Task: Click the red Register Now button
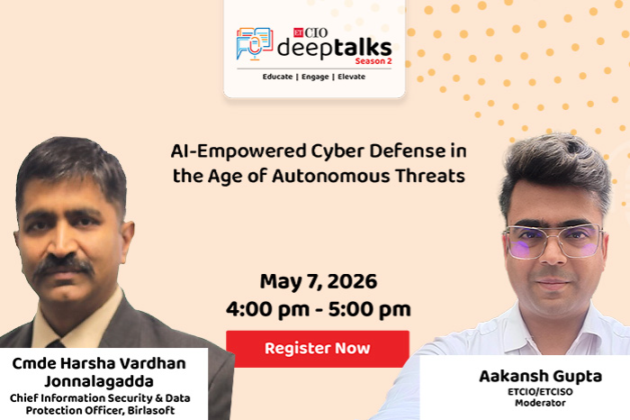click(x=318, y=349)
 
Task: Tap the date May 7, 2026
click(x=319, y=281)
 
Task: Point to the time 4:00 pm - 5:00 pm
click(x=319, y=309)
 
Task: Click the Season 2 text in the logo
click(x=373, y=61)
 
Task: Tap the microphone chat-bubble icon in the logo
click(x=255, y=44)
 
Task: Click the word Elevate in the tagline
click(x=352, y=77)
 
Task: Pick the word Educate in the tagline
click(x=277, y=77)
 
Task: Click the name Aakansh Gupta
click(x=540, y=377)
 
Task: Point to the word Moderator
click(x=540, y=403)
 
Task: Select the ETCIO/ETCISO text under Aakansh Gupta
click(x=540, y=391)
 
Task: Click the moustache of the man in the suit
click(x=64, y=265)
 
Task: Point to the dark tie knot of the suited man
click(x=55, y=343)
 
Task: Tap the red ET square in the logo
click(x=298, y=32)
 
